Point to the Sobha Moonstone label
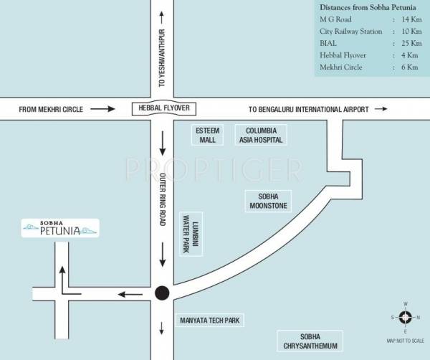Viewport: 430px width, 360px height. [267, 201]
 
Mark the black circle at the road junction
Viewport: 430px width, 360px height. [163, 293]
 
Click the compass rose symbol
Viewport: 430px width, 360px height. [405, 317]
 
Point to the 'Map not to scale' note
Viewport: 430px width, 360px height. [405, 340]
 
